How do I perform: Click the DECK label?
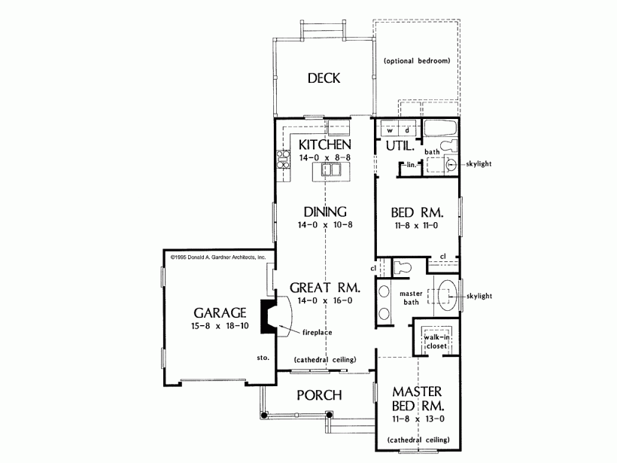(x=324, y=78)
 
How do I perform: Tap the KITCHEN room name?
(x=324, y=145)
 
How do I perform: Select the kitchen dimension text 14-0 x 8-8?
(x=324, y=157)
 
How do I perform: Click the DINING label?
(x=325, y=212)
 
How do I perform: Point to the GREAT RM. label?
(x=325, y=288)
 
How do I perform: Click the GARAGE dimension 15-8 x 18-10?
(x=220, y=326)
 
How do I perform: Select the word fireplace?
(x=318, y=333)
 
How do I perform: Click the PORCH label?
(x=319, y=395)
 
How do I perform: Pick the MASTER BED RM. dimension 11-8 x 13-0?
(x=418, y=419)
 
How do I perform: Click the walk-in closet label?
(x=436, y=342)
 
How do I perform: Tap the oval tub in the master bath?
(x=448, y=295)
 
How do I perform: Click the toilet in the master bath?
(x=402, y=267)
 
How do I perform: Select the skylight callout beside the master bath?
(x=479, y=296)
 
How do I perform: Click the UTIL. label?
(x=400, y=146)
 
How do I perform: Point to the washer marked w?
(x=390, y=130)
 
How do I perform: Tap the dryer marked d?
(x=408, y=130)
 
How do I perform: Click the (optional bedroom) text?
(x=417, y=61)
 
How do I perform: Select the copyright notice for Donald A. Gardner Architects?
(x=218, y=257)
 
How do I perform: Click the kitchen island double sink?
(x=330, y=170)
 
